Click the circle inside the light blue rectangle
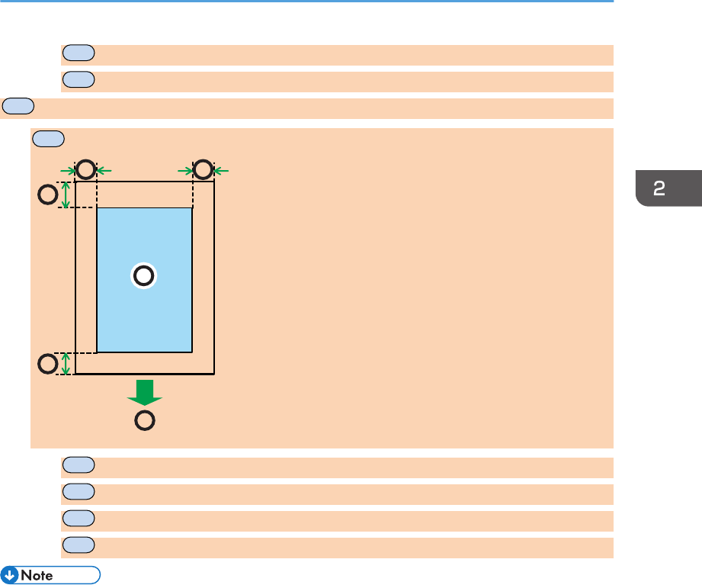pos(143,276)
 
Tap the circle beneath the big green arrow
pos(144,419)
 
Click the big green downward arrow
pos(144,391)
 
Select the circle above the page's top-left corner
pos(85,169)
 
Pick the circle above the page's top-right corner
pos(203,169)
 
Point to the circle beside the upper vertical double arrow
pos(47,195)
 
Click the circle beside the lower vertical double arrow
pos(47,364)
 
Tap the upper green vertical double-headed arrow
pos(66,194)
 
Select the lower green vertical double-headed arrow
pos(66,364)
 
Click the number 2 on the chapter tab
pos(659,188)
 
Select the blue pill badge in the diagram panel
pos(48,138)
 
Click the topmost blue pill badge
pos(79,52)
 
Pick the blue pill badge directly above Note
pos(79,544)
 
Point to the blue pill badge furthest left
pos(18,105)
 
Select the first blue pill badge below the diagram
pos(79,464)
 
